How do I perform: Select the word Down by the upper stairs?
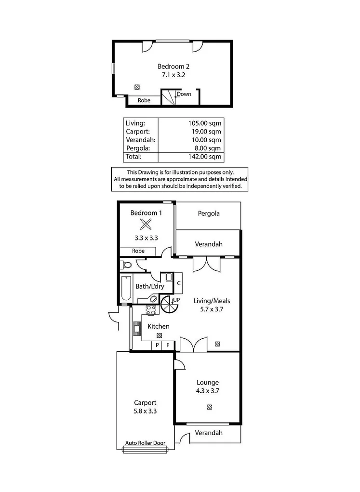point(184,94)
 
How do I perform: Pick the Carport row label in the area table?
point(137,131)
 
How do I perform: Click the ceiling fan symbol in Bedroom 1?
point(146,224)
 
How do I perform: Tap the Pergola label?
point(208,213)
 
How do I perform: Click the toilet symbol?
point(126,265)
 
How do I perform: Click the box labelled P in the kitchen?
point(157,345)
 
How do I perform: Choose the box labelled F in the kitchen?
point(168,345)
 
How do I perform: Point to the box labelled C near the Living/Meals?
point(178,283)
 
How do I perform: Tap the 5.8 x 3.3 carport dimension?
point(145,411)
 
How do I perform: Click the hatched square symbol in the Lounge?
point(209,407)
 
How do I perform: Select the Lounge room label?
point(208,383)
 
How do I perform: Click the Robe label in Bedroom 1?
point(138,251)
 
